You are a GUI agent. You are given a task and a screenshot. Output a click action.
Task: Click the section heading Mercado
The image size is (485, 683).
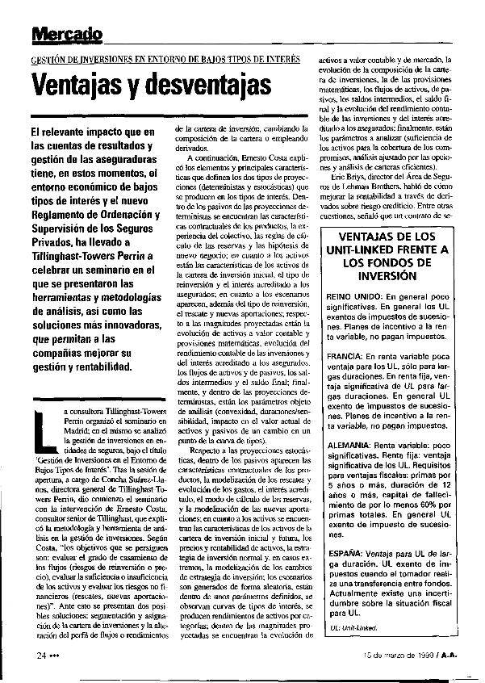67,33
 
